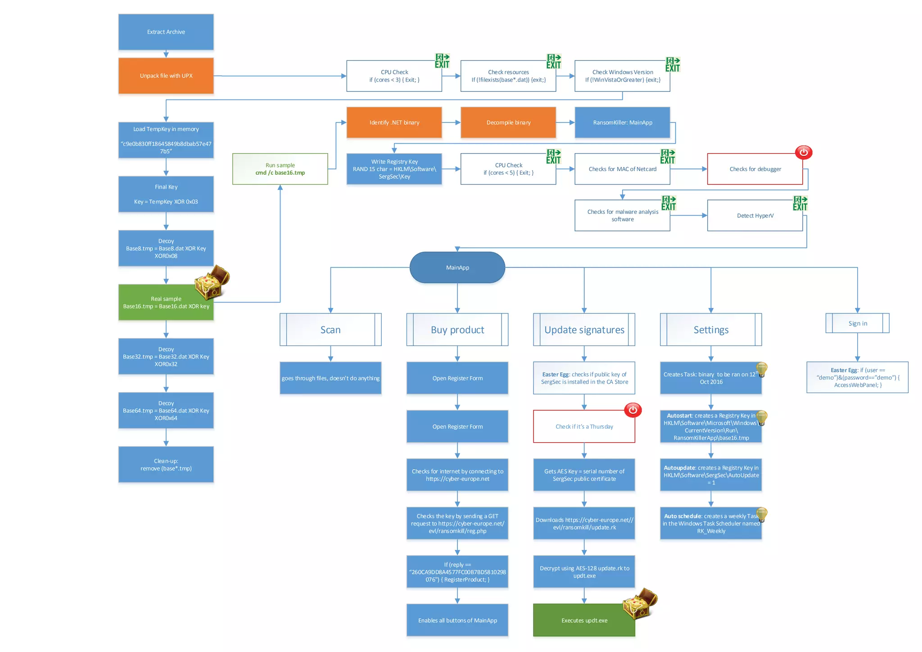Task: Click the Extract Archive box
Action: (x=166, y=32)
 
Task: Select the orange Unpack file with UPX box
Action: (x=166, y=76)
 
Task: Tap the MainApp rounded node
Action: (x=457, y=267)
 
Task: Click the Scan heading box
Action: (x=330, y=330)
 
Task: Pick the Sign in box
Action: (x=857, y=323)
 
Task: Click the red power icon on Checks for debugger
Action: (x=803, y=152)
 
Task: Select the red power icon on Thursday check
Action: (x=633, y=410)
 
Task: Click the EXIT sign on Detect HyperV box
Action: (x=800, y=203)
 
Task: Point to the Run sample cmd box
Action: (x=280, y=169)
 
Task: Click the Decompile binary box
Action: (x=508, y=122)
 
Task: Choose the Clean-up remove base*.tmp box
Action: (x=166, y=465)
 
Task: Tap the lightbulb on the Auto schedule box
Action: (x=761, y=514)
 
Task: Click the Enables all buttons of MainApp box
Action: (x=457, y=620)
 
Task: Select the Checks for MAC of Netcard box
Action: (x=622, y=169)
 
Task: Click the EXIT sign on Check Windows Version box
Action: (x=673, y=64)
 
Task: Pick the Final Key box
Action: (x=166, y=194)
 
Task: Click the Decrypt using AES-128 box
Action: (x=584, y=572)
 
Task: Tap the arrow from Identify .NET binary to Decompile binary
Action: (x=451, y=122)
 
